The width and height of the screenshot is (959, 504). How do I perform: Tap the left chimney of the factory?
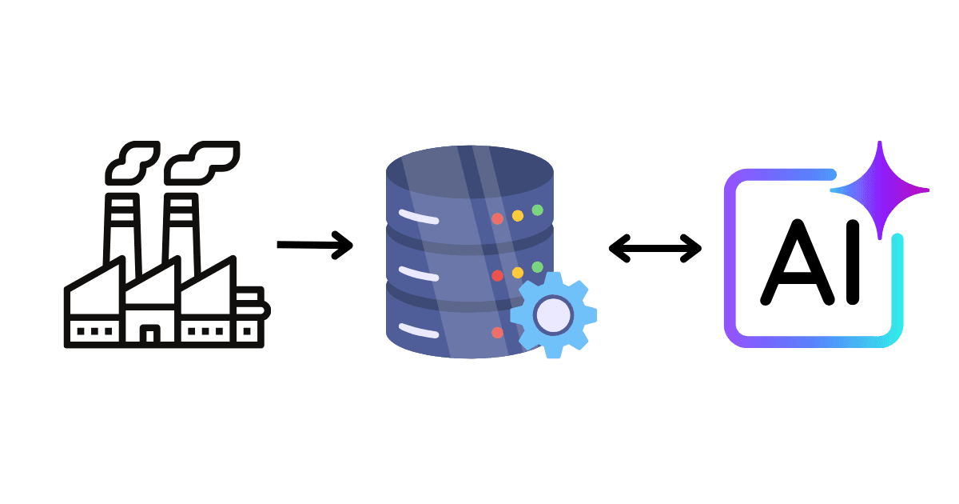(x=121, y=228)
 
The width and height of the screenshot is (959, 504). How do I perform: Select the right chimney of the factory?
(x=181, y=228)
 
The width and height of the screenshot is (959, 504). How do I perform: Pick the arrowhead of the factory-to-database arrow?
(x=344, y=245)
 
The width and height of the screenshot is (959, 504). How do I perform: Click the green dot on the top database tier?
(x=537, y=210)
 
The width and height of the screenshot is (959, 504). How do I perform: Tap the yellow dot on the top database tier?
(x=517, y=215)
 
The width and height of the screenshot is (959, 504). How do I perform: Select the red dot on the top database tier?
(x=497, y=218)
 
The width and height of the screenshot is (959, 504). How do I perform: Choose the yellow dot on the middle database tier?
(x=517, y=272)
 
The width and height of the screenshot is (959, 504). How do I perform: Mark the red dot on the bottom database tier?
(x=497, y=332)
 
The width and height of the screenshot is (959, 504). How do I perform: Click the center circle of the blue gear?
(x=552, y=314)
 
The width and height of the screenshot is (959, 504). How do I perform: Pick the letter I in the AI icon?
(x=853, y=261)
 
